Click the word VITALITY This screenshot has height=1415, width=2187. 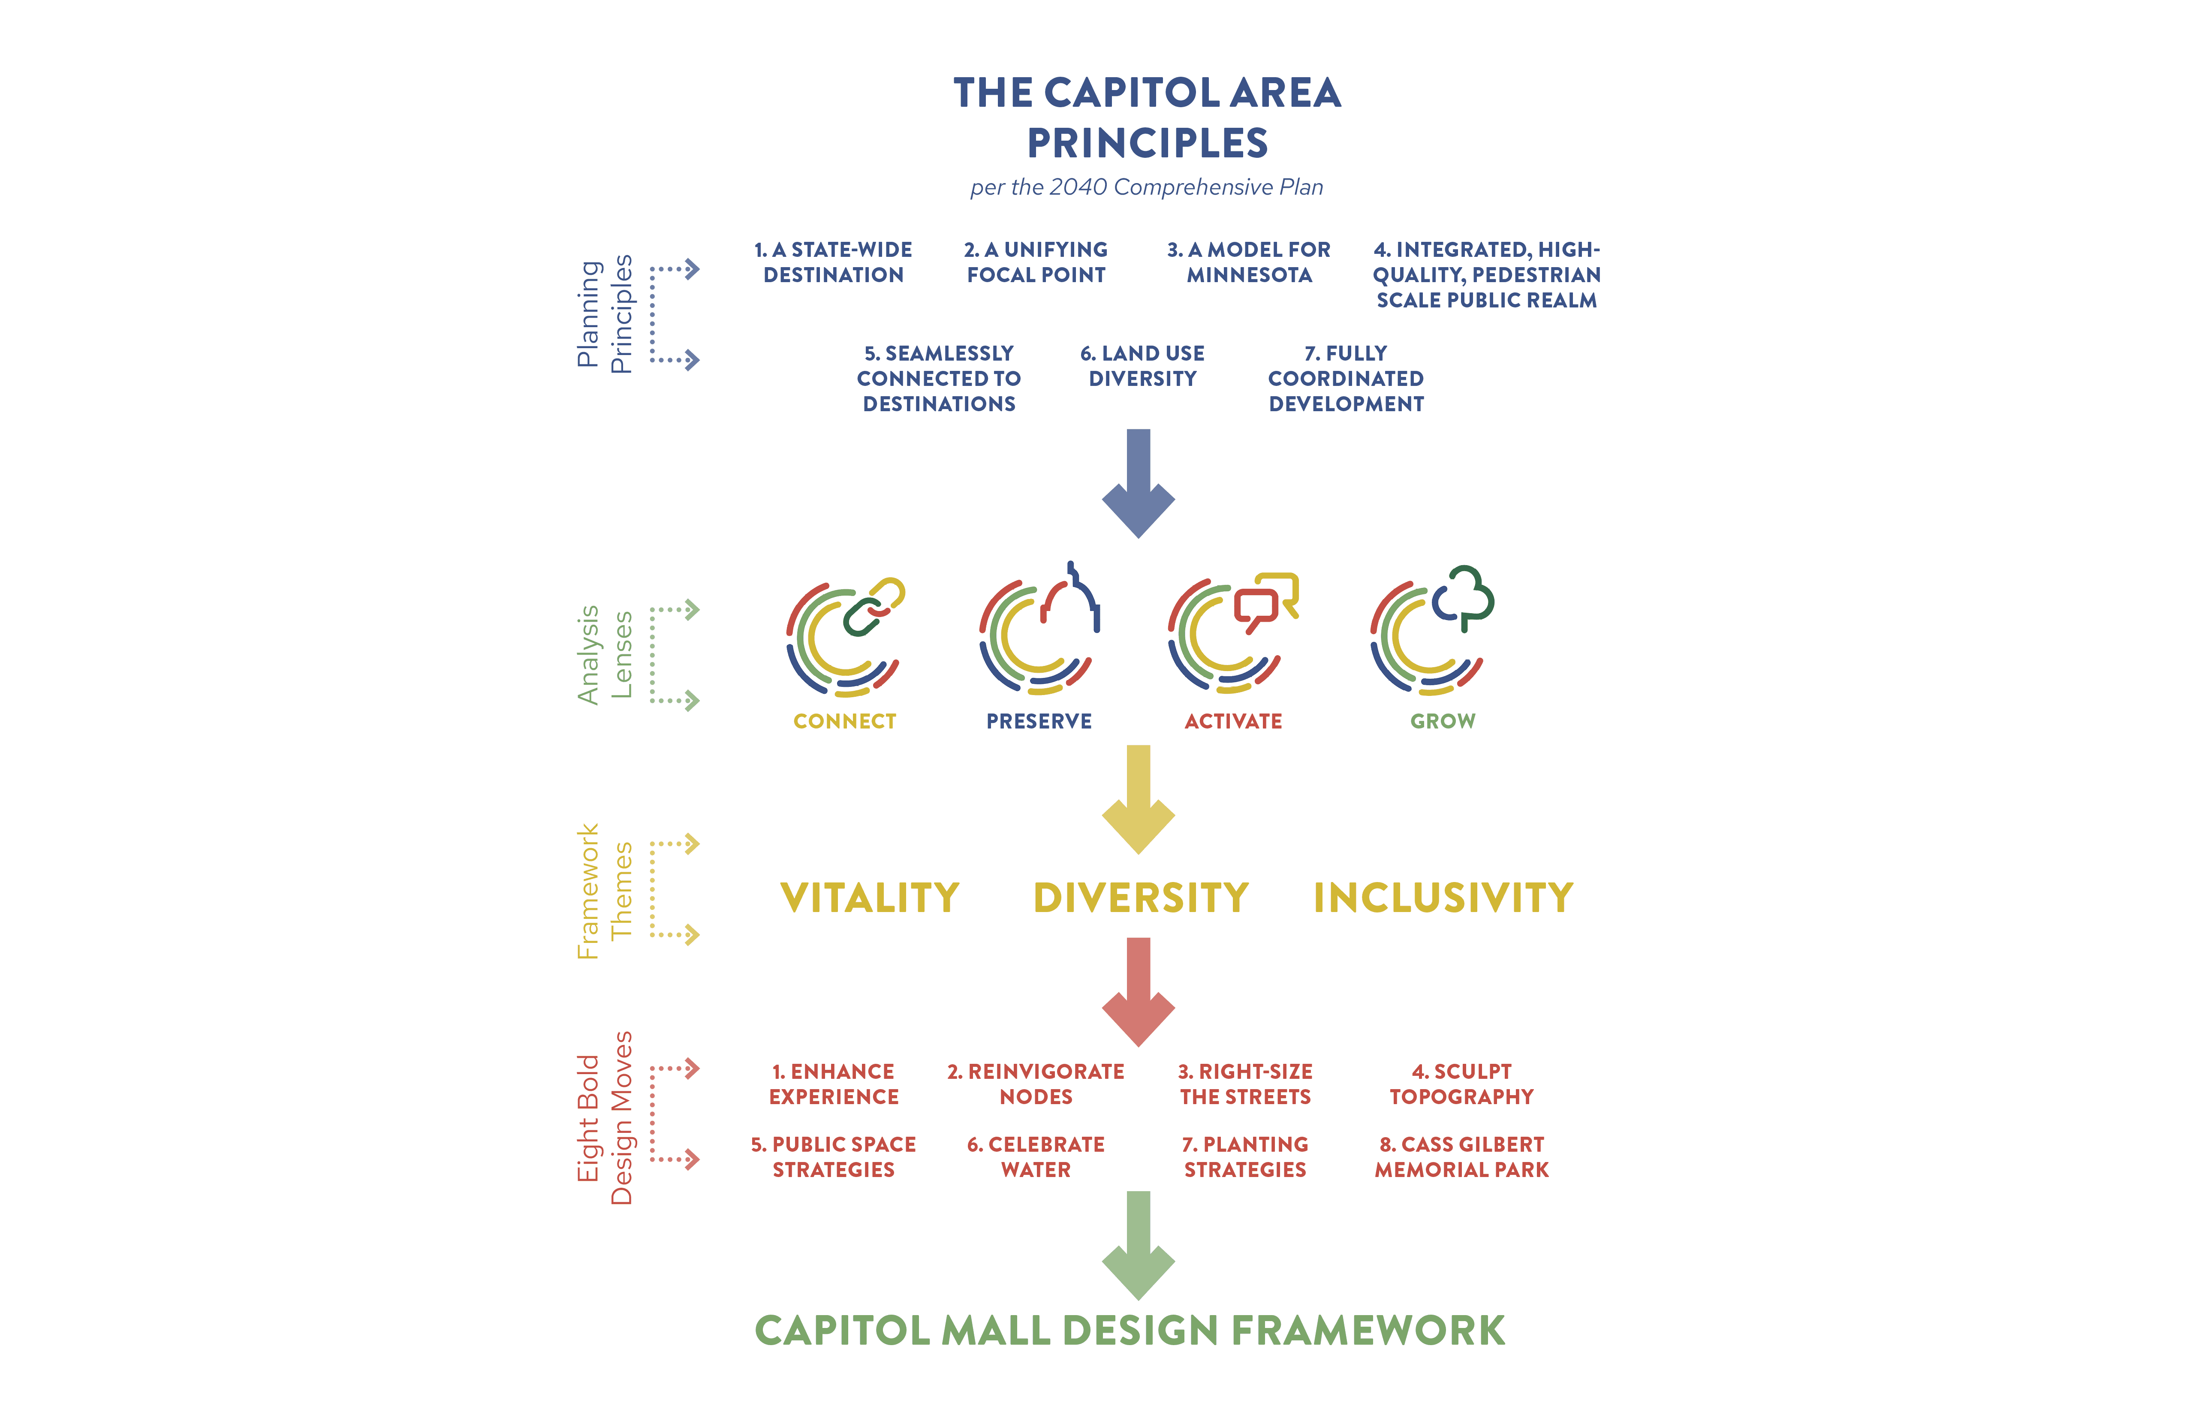869,898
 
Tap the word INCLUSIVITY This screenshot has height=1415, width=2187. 1443,898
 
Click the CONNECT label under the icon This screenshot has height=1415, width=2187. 844,721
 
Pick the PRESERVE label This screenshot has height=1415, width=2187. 1039,721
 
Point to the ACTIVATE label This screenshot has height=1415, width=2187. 1233,721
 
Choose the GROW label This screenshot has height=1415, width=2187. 1443,721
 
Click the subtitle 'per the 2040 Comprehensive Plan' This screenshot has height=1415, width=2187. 1147,187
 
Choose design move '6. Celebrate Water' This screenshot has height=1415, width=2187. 1036,1157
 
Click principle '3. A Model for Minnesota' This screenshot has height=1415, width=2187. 1249,262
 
